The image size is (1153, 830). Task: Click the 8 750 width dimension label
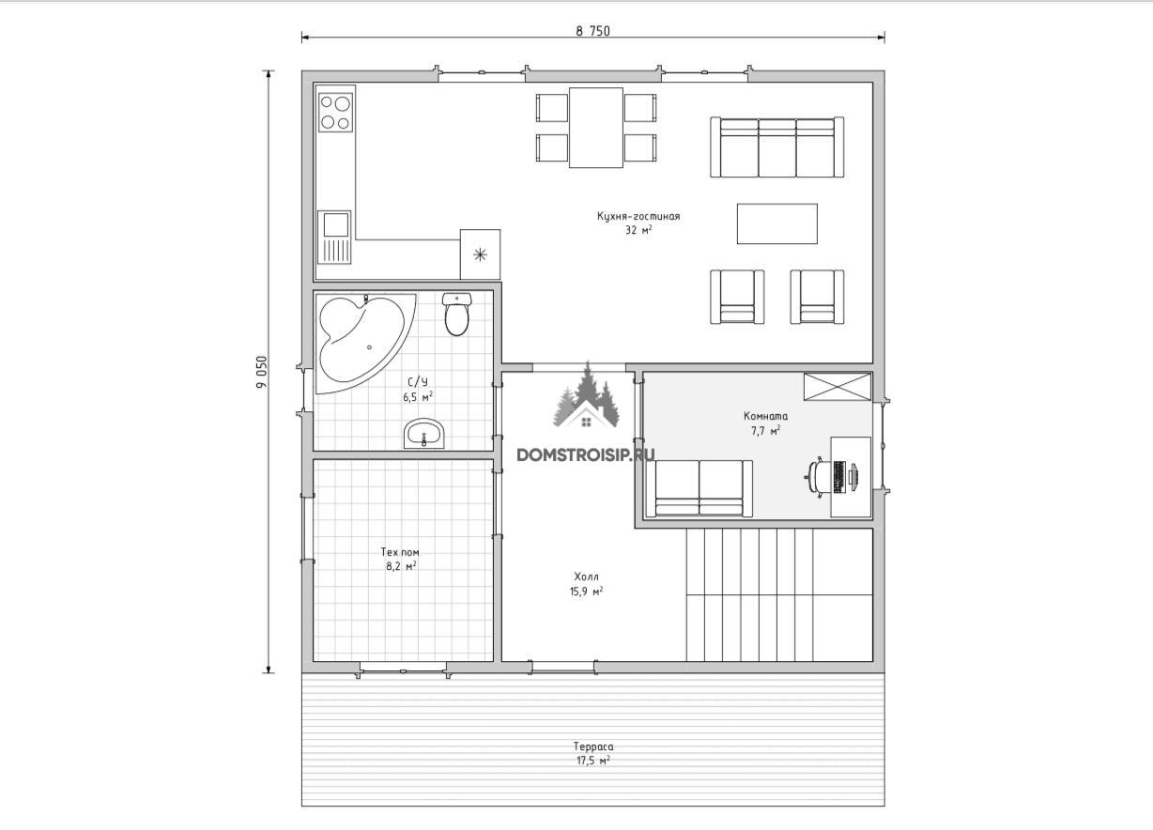pos(593,31)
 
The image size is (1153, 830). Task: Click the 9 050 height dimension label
pos(263,372)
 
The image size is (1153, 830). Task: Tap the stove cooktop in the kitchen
pos(335,112)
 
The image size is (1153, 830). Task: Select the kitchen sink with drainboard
pos(334,238)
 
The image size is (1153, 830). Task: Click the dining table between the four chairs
pos(596,128)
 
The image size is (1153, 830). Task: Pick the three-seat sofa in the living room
pos(777,147)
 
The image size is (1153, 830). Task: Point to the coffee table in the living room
pos(777,223)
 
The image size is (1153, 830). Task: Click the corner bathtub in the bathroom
pos(364,344)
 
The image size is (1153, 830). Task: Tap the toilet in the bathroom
pos(456,314)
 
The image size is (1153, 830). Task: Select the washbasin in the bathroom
pos(423,433)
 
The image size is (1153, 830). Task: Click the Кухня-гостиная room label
pos(638,216)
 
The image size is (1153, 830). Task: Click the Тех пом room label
pos(400,552)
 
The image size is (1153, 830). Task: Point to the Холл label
pos(586,576)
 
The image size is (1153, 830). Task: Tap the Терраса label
pos(593,746)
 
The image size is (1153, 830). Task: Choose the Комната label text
pos(765,416)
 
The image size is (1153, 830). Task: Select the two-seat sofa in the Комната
pos(699,488)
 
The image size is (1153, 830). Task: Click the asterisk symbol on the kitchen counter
pos(480,254)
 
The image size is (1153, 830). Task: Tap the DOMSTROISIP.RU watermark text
pos(586,454)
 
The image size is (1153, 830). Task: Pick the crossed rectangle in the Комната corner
pos(838,387)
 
